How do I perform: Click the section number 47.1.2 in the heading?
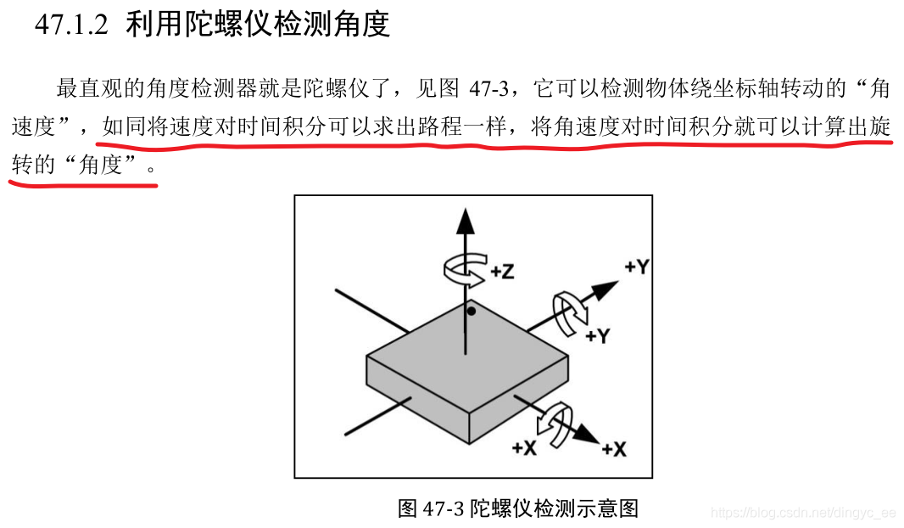71,25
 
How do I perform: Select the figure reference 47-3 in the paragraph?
489,88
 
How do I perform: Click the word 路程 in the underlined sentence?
440,126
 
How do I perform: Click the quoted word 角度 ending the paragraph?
100,165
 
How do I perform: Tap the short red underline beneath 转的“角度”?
83,185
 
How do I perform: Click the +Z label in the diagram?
502,271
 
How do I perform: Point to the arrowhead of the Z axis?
466,222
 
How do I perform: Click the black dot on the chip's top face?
471,312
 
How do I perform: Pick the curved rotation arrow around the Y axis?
570,313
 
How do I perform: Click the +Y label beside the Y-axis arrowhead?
637,267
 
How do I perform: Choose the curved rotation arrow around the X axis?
555,425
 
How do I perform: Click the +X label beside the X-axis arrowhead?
614,449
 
